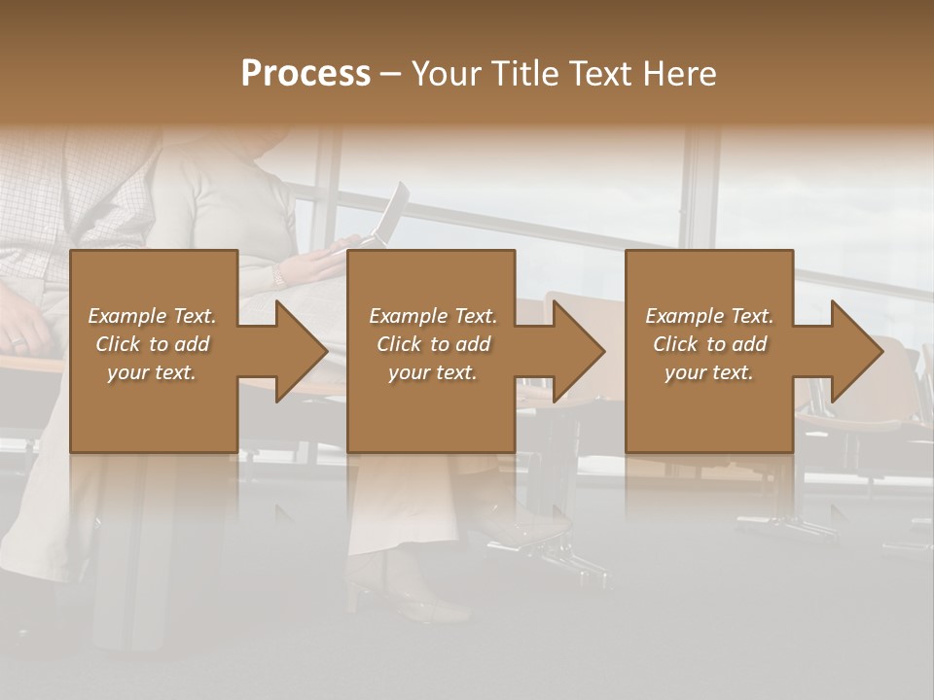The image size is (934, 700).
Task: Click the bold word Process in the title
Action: (x=305, y=74)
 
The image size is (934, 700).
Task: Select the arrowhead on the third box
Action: (x=855, y=351)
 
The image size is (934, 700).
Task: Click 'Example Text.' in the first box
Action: (x=152, y=316)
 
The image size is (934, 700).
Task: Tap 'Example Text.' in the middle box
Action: (x=433, y=316)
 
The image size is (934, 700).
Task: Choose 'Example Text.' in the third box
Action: (x=709, y=316)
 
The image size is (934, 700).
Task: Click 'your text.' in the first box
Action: (x=152, y=372)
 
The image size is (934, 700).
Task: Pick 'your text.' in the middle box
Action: (x=433, y=372)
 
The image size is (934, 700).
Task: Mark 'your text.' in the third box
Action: (x=709, y=372)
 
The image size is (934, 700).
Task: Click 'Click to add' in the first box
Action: (x=152, y=344)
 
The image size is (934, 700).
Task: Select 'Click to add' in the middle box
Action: (x=433, y=344)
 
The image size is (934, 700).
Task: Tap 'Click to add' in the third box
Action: (x=709, y=344)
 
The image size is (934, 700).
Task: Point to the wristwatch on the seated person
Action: (x=279, y=276)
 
